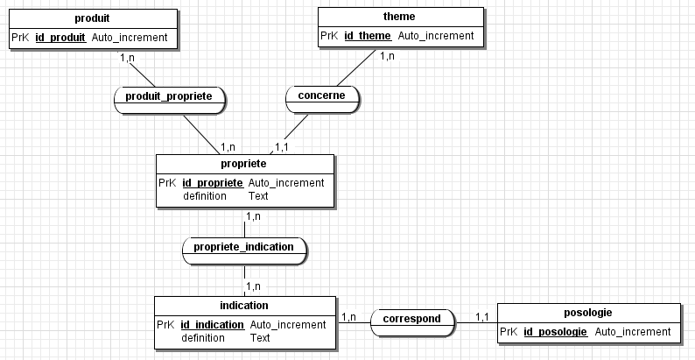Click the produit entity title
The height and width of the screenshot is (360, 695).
tap(93, 18)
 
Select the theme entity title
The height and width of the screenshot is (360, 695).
tap(399, 17)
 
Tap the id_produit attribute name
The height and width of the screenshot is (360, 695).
tap(60, 38)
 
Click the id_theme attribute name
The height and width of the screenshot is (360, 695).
tap(367, 36)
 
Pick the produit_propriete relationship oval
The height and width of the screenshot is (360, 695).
tap(169, 96)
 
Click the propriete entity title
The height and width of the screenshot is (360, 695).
tap(244, 164)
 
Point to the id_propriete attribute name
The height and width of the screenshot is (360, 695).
tap(213, 183)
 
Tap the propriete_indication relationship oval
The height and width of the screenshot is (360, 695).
tap(243, 247)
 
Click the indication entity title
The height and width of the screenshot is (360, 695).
tap(244, 306)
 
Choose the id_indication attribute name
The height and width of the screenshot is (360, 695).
tap(213, 325)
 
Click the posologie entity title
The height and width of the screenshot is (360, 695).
tap(588, 313)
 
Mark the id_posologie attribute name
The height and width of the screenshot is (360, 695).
tap(555, 332)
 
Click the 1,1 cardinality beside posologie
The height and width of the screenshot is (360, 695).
tap(481, 317)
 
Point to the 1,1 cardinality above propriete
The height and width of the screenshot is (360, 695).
tap(282, 146)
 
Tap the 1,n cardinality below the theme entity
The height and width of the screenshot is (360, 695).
tap(386, 57)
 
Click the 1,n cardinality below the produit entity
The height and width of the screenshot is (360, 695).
tap(127, 59)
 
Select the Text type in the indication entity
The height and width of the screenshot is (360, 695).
tap(260, 337)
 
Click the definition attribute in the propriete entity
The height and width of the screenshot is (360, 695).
tap(204, 196)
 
